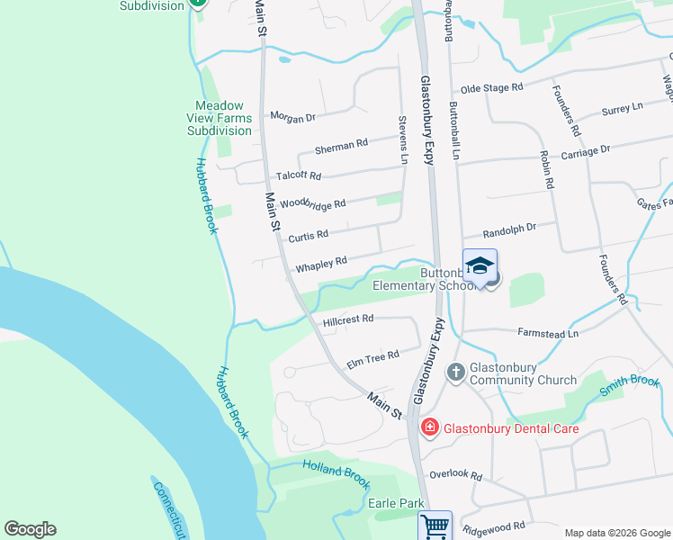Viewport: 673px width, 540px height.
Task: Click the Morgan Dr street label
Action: point(293,117)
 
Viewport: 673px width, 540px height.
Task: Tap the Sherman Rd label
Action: point(341,144)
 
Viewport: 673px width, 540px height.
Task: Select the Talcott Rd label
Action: point(299,175)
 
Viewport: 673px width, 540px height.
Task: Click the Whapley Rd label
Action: point(321,265)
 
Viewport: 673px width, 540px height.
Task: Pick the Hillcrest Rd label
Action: point(348,319)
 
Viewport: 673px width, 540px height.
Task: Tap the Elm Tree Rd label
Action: point(372,357)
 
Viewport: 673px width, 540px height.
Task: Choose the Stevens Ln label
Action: point(404,139)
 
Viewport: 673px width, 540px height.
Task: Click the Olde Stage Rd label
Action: point(491,89)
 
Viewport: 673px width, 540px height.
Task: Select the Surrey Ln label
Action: point(623,108)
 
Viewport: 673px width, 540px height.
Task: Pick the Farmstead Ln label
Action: point(548,334)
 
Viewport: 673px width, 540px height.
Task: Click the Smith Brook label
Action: point(631,383)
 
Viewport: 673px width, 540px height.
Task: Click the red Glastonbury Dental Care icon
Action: point(429,427)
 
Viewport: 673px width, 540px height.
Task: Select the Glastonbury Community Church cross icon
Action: point(456,372)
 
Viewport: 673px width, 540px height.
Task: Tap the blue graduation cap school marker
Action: point(480,265)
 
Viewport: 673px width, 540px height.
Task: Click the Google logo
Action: point(30,529)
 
